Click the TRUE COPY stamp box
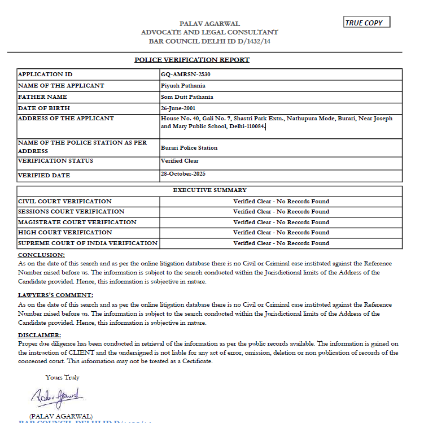click(367, 23)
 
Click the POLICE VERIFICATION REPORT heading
click(192, 60)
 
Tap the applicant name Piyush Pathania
click(183, 86)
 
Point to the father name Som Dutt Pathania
click(187, 97)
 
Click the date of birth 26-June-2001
click(178, 108)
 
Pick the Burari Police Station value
click(189, 148)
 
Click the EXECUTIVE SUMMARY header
click(209, 190)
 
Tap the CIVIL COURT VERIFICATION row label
click(65, 201)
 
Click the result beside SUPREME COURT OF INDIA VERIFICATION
click(281, 243)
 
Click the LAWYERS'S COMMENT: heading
click(56, 295)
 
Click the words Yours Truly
click(63, 377)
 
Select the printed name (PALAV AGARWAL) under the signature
click(60, 416)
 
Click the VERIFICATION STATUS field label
click(55, 161)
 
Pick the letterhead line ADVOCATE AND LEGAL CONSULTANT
click(209, 32)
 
